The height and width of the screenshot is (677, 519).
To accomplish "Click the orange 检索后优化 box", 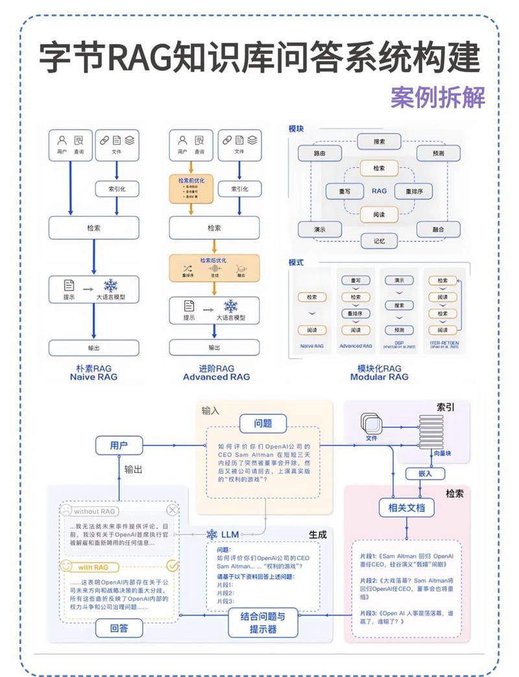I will point(214,267).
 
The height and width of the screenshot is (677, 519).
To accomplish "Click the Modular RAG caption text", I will point(379,377).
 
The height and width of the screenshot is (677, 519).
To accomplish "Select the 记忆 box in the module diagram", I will point(379,241).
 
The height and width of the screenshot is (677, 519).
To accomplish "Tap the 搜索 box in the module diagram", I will point(379,141).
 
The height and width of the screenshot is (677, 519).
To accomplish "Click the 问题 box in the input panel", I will point(263,424).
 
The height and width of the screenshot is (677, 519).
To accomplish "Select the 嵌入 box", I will point(425,473).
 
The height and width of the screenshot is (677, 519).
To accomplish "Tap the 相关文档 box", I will point(406,507).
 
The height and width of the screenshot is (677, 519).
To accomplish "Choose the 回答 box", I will point(119,628).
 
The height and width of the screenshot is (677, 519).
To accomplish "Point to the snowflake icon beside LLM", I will point(211,534).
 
